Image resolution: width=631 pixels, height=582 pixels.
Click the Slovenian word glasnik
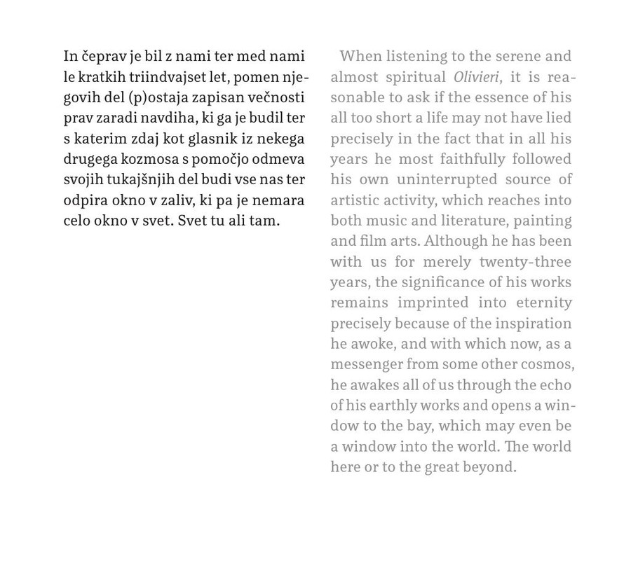[x=212, y=138]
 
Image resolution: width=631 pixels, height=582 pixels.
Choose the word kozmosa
[x=149, y=158]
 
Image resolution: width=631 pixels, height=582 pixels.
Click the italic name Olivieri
[x=475, y=76]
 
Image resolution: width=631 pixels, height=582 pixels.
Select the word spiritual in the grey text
[x=414, y=76]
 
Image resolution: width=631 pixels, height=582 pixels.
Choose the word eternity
[x=544, y=303]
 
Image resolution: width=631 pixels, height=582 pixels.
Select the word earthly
[x=394, y=405]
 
